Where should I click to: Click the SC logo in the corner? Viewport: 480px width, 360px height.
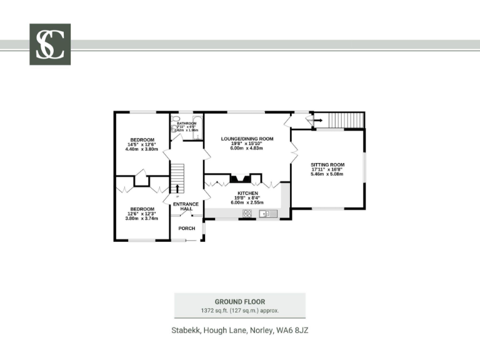click(x=50, y=44)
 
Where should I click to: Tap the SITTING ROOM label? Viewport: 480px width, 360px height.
click(x=328, y=164)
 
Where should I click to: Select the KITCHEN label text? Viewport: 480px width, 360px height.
click(x=247, y=194)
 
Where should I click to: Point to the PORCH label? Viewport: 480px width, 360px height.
click(x=187, y=229)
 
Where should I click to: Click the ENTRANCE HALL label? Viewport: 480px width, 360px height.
click(x=186, y=206)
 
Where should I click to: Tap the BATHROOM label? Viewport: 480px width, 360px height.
click(x=186, y=124)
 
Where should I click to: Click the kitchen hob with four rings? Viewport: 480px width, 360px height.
click(x=247, y=214)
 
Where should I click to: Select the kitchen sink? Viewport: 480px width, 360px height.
click(x=268, y=214)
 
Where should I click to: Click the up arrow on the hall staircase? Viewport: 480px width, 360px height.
click(x=177, y=187)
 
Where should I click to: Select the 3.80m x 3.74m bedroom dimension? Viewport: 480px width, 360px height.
click(x=142, y=219)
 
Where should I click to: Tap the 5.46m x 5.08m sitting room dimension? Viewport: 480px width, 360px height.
click(x=328, y=174)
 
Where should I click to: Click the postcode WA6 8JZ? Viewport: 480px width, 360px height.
click(x=292, y=330)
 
